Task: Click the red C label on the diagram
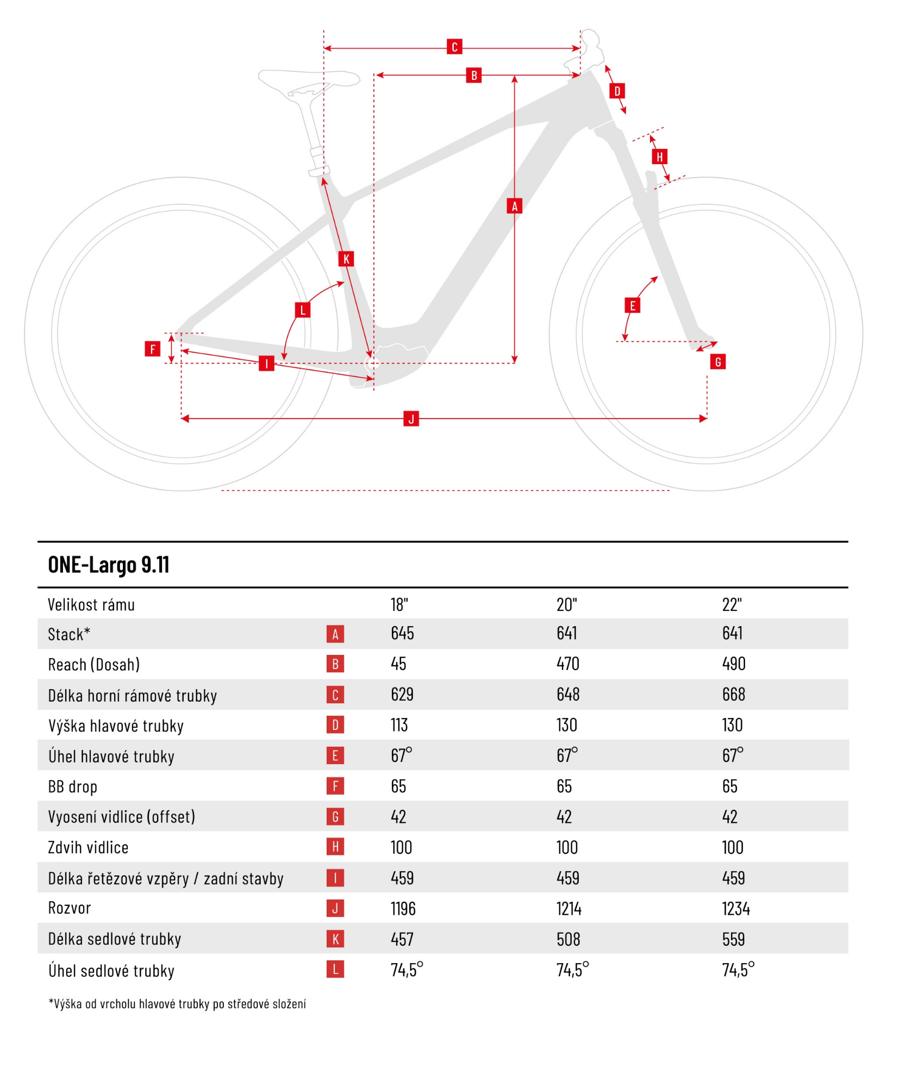click(454, 47)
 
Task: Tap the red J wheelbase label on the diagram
click(411, 418)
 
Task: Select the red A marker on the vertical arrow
click(514, 206)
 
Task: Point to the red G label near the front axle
click(718, 361)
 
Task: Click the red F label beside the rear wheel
click(152, 348)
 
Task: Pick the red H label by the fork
click(659, 157)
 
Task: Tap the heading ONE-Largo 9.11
click(109, 565)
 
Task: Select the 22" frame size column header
click(731, 604)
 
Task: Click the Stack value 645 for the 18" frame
click(402, 633)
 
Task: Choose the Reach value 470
click(567, 664)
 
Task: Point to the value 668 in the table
click(733, 694)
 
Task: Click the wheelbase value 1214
click(568, 909)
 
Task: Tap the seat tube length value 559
click(733, 939)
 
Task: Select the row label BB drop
click(72, 786)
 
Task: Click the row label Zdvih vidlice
click(88, 847)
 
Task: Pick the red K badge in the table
click(335, 939)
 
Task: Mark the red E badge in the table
click(335, 755)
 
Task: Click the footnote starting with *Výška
click(177, 1004)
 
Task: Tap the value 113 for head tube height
click(399, 725)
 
